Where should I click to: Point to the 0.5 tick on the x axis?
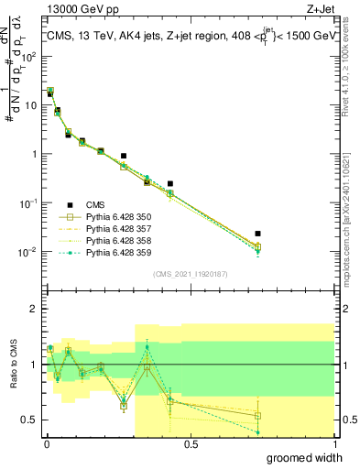point(191,444)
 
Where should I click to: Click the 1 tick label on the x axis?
point(335,444)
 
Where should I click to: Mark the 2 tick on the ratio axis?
point(37,309)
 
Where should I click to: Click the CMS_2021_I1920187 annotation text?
point(190,273)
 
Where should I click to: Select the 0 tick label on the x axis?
point(47,444)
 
